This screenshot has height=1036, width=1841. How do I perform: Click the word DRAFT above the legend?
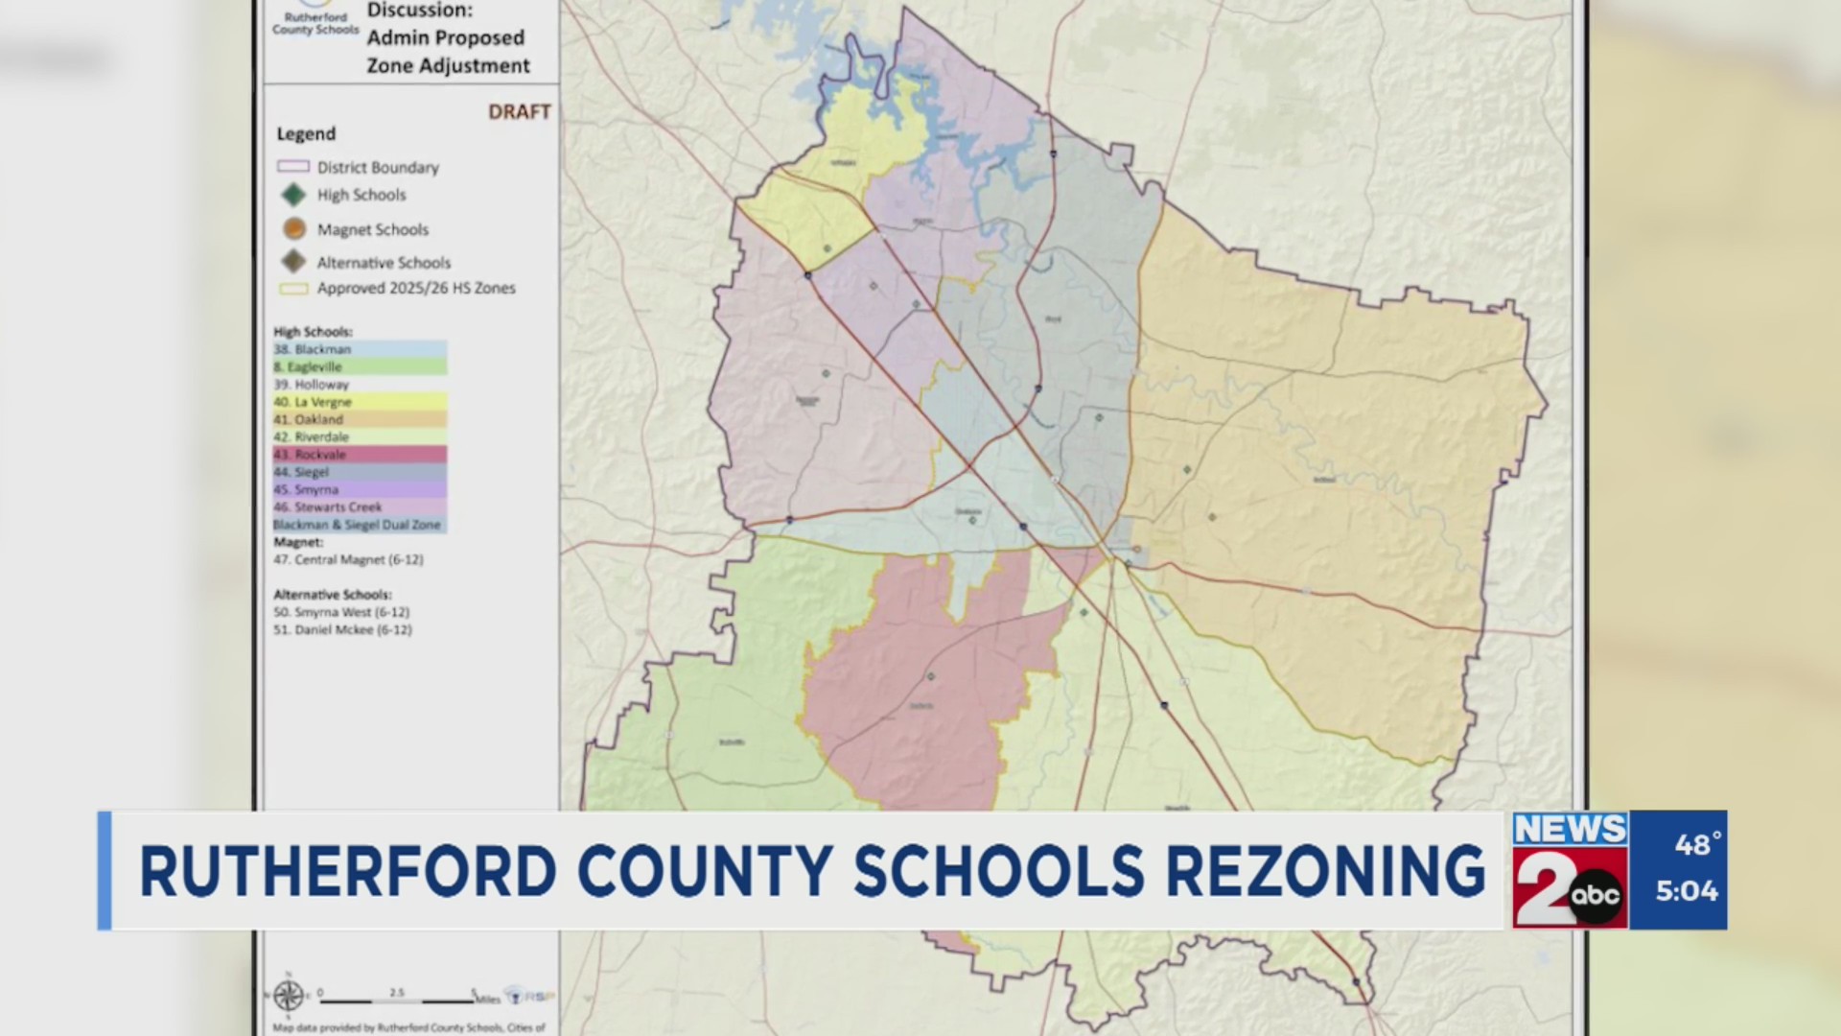(x=519, y=112)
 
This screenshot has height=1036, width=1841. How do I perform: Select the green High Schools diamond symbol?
(x=293, y=195)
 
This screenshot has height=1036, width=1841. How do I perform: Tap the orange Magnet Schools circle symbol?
(x=294, y=229)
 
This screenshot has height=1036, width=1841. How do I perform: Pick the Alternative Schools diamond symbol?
(x=293, y=262)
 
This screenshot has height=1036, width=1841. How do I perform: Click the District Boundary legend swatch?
(x=292, y=167)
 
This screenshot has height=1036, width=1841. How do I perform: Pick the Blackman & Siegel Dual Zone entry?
(x=358, y=525)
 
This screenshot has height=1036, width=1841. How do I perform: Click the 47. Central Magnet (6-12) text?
(x=348, y=559)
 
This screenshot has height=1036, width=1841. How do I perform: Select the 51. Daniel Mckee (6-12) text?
(x=342, y=630)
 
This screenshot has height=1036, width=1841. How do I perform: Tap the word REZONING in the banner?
(x=1324, y=872)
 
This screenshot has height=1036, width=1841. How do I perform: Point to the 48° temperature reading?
(x=1696, y=845)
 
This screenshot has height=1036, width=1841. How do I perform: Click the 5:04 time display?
(x=1687, y=891)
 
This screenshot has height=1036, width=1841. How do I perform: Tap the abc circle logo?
(x=1595, y=896)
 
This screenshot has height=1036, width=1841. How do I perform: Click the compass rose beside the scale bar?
(x=288, y=996)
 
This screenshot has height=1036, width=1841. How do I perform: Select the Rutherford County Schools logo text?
(x=315, y=24)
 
